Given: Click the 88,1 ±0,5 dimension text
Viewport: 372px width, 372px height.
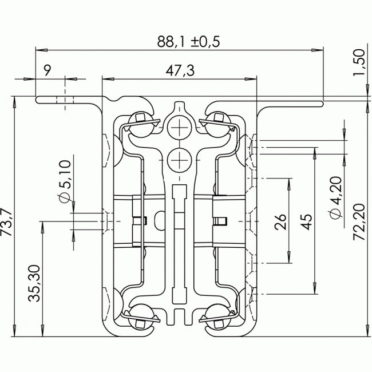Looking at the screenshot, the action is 189,41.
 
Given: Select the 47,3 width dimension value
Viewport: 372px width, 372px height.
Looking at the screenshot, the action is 180,70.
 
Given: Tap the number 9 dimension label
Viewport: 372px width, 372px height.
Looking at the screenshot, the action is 48,70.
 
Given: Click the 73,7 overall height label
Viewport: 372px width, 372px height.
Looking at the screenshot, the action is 6,222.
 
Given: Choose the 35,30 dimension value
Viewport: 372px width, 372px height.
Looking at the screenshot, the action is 34,283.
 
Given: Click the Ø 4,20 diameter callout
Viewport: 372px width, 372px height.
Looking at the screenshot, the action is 335,197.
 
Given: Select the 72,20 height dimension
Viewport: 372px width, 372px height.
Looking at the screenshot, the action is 359,222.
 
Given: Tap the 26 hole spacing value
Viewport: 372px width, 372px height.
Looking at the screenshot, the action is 280,222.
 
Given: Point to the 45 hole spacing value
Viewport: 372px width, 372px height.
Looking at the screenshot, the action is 307,222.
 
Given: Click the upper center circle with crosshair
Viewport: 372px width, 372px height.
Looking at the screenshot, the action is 179,128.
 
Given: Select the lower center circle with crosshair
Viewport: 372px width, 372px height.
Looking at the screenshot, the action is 179,160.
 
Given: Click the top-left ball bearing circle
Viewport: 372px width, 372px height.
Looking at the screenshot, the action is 141,124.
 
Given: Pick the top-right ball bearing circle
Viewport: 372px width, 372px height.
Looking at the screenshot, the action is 218,124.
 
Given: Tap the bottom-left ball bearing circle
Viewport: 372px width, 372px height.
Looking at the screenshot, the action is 141,316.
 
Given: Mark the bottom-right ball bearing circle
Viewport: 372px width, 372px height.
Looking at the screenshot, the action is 218,316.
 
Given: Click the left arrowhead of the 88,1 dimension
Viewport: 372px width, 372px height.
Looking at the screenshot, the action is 41,50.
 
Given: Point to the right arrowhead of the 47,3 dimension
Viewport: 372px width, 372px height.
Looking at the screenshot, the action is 251,79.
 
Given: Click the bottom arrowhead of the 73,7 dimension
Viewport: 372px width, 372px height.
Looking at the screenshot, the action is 15,330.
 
